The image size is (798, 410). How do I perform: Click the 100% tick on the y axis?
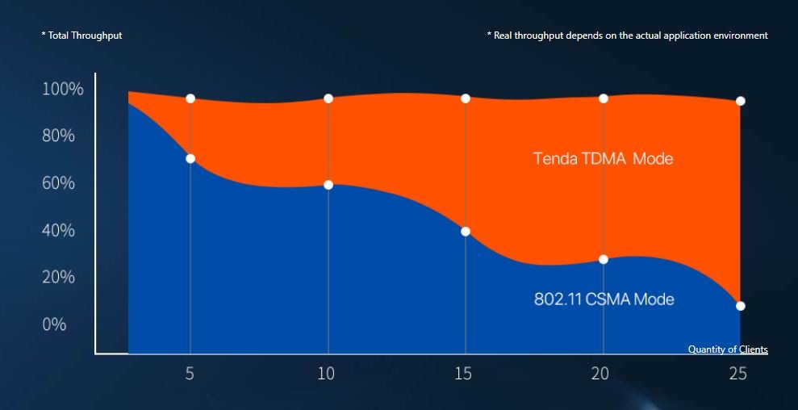[x=62, y=89]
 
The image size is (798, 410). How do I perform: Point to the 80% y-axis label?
[x=58, y=136]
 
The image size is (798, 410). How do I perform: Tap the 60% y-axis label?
[x=58, y=183]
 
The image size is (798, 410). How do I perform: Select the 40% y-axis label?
[x=58, y=230]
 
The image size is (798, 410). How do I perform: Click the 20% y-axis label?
[x=58, y=277]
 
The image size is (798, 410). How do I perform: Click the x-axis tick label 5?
[x=190, y=374]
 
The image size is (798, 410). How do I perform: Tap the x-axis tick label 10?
[x=327, y=374]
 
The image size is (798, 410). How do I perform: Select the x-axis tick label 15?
[x=465, y=374]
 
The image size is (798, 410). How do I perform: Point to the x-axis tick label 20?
[x=602, y=374]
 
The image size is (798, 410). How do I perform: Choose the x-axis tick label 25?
[x=737, y=374]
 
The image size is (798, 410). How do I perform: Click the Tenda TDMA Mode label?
[x=603, y=158]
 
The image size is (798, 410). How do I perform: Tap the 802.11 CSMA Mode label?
[x=604, y=299]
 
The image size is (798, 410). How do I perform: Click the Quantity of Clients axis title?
[x=728, y=349]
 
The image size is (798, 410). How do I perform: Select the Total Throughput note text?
[x=81, y=36]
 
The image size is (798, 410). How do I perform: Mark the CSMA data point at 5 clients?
[x=190, y=158]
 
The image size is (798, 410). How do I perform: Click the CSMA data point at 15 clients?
[x=466, y=232]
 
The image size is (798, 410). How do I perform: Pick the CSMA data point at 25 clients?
[x=741, y=306]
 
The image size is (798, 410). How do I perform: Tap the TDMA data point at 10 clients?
[x=328, y=98]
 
